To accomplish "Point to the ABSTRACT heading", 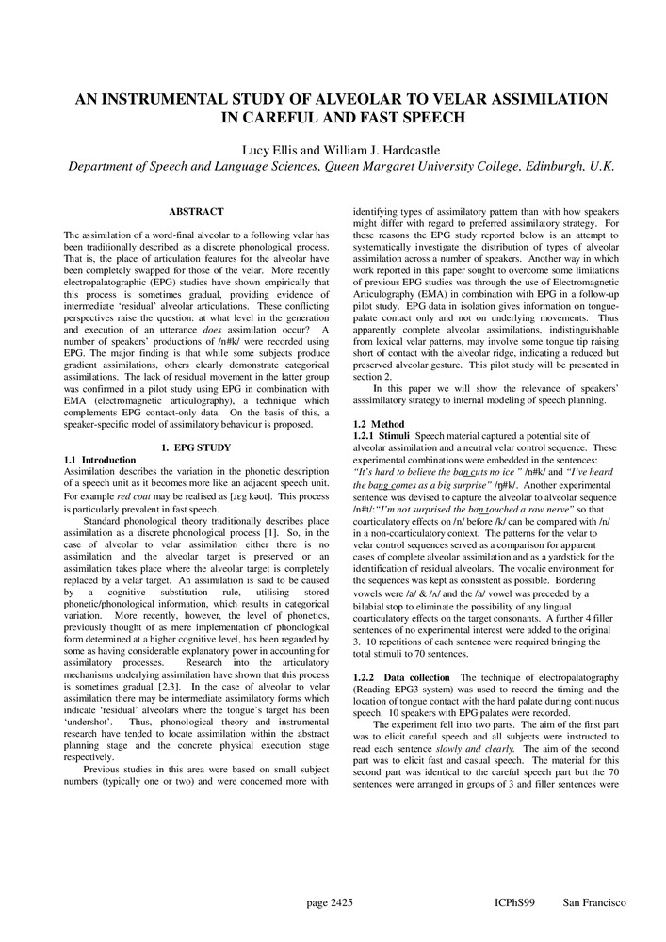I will (196, 212).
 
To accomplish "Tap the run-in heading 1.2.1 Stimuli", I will (381, 436).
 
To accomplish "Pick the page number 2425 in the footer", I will (329, 903).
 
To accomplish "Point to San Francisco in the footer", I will (593, 903).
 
